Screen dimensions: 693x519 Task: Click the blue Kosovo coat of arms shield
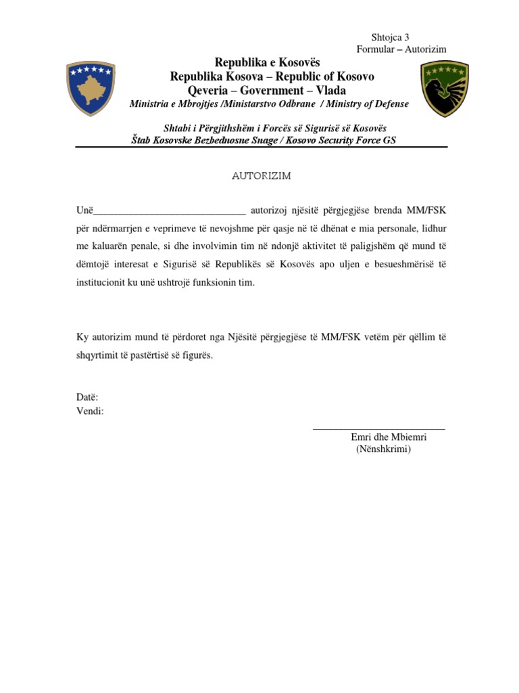tap(90, 89)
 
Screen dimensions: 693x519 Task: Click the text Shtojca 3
tap(391, 38)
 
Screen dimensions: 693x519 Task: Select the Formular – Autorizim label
tap(401, 50)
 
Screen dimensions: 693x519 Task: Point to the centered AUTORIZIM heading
tap(262, 175)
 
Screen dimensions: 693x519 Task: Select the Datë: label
tap(87, 398)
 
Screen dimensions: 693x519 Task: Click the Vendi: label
tap(90, 411)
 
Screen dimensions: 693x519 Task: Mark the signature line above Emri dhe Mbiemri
tap(379, 428)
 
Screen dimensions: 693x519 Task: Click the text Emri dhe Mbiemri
tap(389, 437)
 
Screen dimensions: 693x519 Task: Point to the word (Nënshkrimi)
tap(383, 449)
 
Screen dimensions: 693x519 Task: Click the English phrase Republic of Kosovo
tap(324, 76)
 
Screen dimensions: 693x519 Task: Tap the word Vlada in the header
tap(331, 90)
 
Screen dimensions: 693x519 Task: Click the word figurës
tap(196, 355)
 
